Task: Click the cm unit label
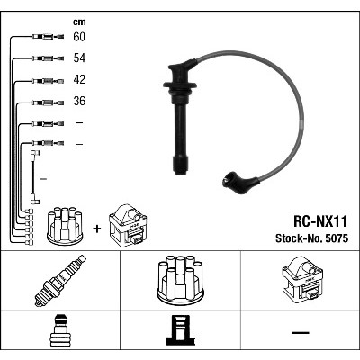point(79,22)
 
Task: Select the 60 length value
point(79,37)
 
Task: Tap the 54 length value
point(79,58)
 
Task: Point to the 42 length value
point(79,79)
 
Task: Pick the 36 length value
point(79,101)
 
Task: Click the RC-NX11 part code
point(319,221)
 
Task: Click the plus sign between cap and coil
point(97,229)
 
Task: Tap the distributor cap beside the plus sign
point(65,226)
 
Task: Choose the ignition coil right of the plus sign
point(128,225)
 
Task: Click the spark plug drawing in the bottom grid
point(60,281)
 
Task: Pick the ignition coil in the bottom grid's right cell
point(302,280)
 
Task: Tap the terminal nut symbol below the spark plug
point(60,330)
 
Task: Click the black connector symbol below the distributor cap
point(180,330)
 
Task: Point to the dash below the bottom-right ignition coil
point(301,332)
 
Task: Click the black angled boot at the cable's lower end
point(240,182)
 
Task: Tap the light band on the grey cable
point(301,123)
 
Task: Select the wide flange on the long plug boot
point(180,85)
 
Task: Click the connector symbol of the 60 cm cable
point(48,37)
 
